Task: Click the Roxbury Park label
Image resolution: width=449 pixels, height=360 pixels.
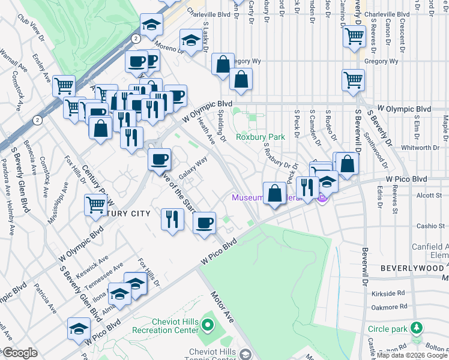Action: tap(260, 137)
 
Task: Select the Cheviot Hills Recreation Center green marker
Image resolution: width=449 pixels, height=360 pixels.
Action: tap(208, 326)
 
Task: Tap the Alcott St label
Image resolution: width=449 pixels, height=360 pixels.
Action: tap(430, 194)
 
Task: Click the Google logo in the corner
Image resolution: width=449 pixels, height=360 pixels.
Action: tap(20, 353)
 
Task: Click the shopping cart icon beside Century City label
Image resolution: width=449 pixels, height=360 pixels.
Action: tap(96, 205)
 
